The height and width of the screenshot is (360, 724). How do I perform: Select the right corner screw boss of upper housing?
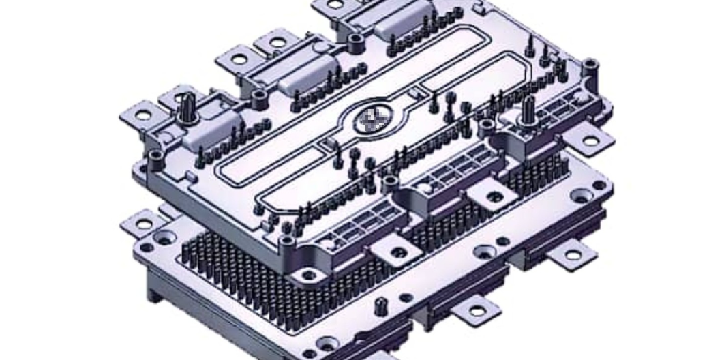point(590,65)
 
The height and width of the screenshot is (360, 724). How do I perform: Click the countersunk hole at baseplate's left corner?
point(164,238)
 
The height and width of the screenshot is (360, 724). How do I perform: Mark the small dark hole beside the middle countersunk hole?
point(502,241)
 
